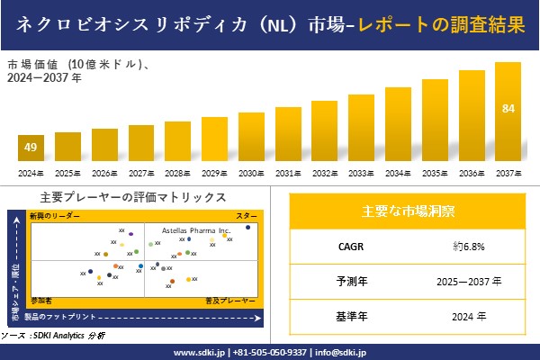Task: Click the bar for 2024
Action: click(31, 148)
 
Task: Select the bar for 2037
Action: click(508, 112)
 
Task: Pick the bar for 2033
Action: click(361, 128)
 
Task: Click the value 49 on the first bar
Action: click(31, 148)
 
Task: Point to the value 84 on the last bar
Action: click(508, 109)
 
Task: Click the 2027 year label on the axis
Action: click(141, 173)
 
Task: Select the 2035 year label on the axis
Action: click(435, 173)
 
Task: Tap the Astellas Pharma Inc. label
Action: click(196, 230)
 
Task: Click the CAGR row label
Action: click(346, 246)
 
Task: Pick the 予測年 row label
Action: click(346, 282)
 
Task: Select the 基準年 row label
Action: click(346, 316)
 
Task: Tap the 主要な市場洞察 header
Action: click(408, 211)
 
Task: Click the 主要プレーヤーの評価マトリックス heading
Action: click(133, 197)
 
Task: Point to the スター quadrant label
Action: click(246, 217)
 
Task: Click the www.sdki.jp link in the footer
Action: click(199, 352)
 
